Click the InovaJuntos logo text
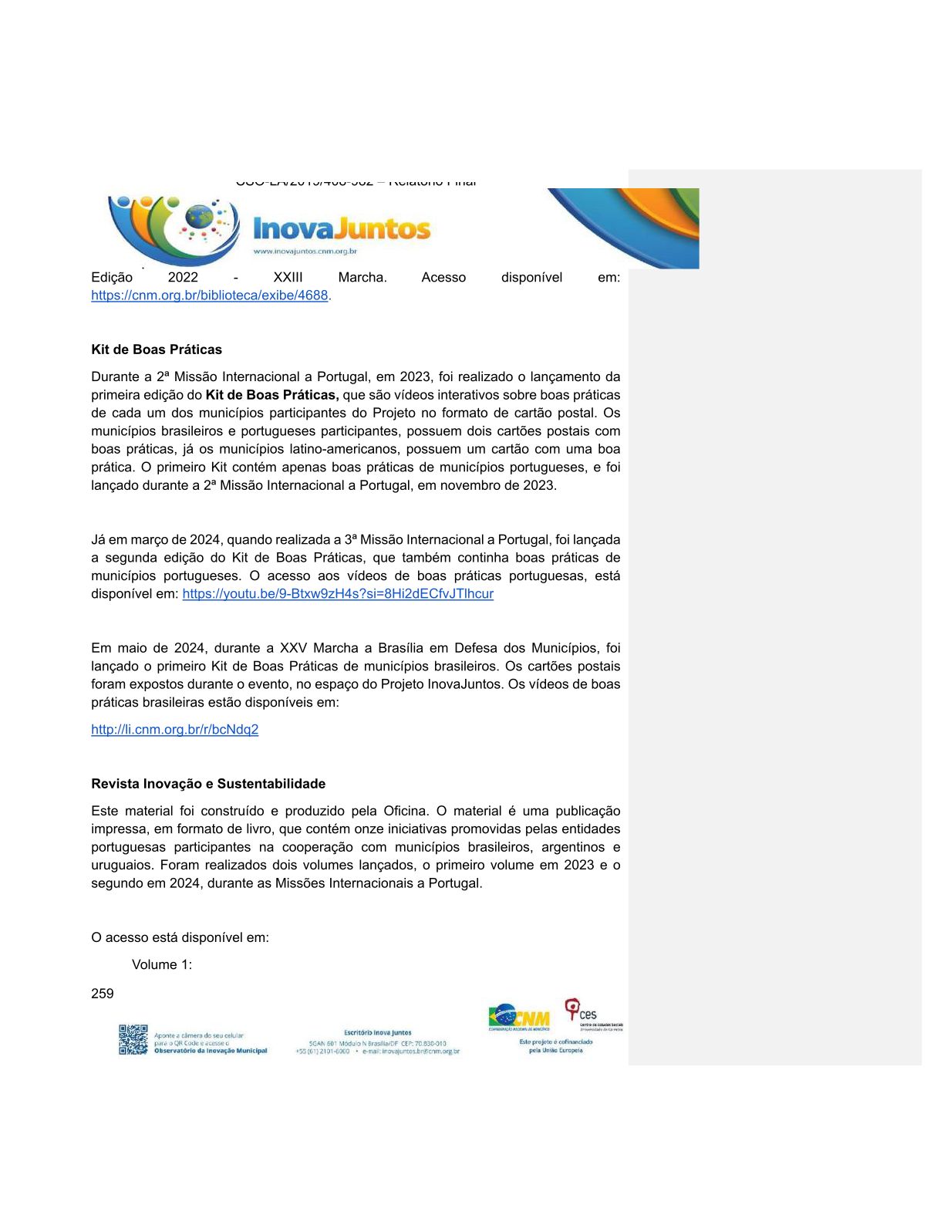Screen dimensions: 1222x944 click(342, 229)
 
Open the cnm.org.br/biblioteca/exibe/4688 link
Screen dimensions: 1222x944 click(210, 295)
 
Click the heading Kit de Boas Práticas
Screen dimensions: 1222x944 click(157, 349)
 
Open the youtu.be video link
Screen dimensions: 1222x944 click(338, 594)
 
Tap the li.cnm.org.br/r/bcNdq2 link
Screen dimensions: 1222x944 click(174, 730)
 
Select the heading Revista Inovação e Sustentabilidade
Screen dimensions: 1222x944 click(208, 784)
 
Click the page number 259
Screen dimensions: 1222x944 click(103, 994)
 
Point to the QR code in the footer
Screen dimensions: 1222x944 click(133, 1039)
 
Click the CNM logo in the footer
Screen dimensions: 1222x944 click(519, 1018)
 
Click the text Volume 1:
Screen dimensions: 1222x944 click(162, 965)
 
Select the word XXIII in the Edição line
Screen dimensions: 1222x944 click(288, 278)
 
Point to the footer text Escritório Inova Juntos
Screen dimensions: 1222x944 click(378, 1032)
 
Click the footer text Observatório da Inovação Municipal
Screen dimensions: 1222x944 click(211, 1051)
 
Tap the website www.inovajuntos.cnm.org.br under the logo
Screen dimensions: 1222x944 click(305, 251)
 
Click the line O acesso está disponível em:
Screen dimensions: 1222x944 click(180, 938)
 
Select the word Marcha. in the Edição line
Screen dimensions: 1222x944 click(362, 278)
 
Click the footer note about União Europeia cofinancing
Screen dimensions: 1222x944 click(555, 1046)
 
